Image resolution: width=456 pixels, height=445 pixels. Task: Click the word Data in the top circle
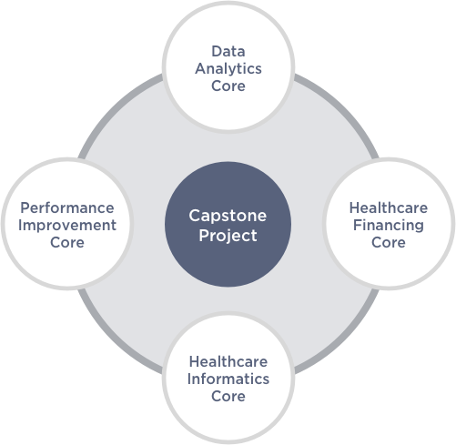(x=228, y=51)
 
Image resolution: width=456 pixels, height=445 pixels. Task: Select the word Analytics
(x=228, y=69)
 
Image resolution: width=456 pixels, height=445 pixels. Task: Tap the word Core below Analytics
(x=228, y=86)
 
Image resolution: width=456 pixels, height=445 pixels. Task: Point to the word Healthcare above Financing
(x=389, y=207)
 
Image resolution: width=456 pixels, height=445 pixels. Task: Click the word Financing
(x=389, y=226)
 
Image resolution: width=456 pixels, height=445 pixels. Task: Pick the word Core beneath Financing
(x=389, y=242)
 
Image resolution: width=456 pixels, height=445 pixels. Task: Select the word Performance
(x=67, y=207)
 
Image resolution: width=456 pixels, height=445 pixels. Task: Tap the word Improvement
(x=67, y=226)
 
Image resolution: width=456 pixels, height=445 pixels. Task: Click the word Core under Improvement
(x=67, y=242)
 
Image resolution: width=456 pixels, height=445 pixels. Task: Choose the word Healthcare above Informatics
(x=228, y=361)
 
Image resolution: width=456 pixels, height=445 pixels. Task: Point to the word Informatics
(x=228, y=379)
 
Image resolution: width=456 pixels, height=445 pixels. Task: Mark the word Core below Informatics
(x=228, y=396)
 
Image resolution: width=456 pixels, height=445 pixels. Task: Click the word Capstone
(x=228, y=217)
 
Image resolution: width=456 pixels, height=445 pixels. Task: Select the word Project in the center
(x=228, y=236)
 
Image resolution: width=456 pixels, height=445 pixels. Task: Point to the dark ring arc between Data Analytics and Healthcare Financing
(x=342, y=108)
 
